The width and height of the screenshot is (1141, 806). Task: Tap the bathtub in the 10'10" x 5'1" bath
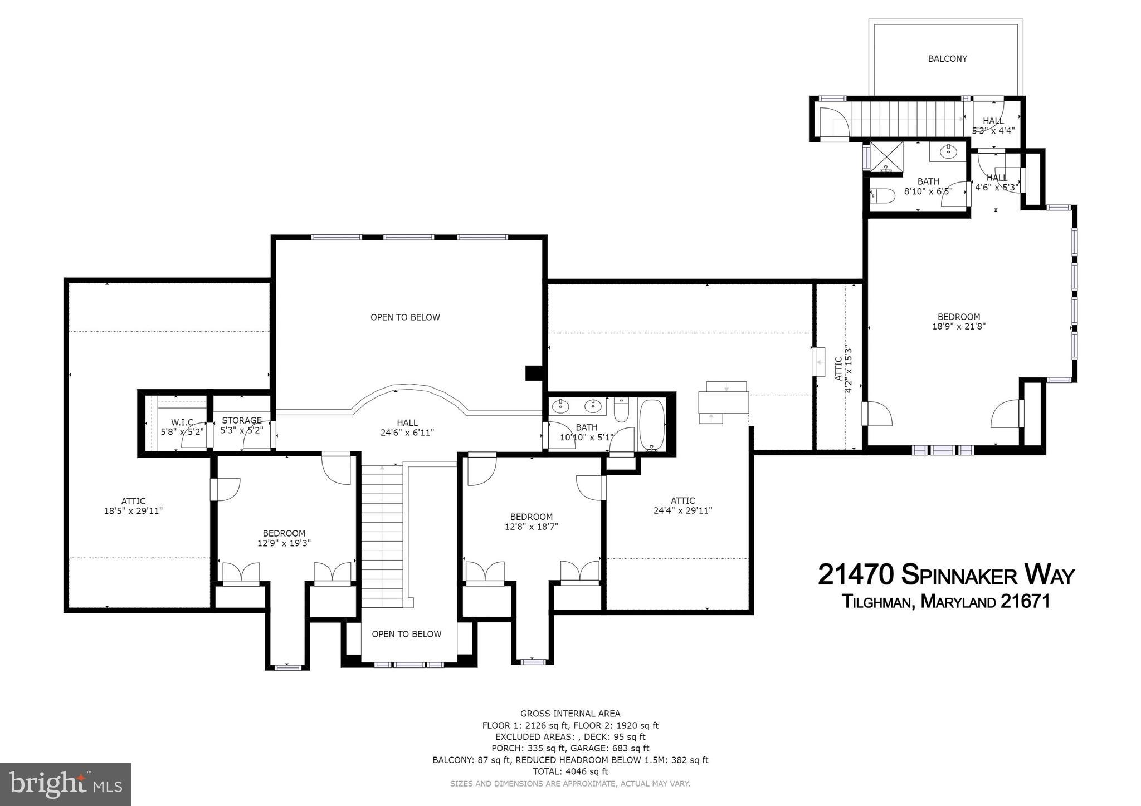click(651, 425)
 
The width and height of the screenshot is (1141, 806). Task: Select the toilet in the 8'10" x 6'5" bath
click(882, 195)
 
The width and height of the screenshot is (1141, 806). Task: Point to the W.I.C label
click(182, 422)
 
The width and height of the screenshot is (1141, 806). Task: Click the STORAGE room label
click(242, 420)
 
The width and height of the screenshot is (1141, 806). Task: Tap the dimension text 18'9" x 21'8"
click(959, 327)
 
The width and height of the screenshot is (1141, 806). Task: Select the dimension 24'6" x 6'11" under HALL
click(407, 432)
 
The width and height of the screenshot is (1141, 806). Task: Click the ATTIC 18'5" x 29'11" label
click(133, 506)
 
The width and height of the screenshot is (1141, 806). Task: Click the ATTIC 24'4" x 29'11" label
click(682, 505)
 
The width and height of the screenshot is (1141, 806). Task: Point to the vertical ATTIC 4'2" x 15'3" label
click(843, 368)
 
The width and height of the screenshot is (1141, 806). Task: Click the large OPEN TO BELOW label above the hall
click(405, 317)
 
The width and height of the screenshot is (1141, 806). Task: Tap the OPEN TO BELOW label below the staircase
click(406, 634)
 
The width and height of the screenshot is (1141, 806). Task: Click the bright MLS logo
click(65, 784)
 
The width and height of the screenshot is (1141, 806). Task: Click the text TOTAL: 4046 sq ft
click(570, 771)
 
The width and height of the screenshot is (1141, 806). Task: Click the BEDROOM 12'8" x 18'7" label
click(531, 522)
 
